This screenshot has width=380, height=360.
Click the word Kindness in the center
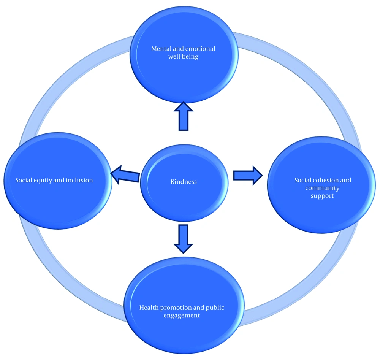[x=184, y=182]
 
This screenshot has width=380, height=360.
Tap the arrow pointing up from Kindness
[x=184, y=116]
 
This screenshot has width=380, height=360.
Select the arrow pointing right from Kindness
[x=247, y=175]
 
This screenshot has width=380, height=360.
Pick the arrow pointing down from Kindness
[x=183, y=238]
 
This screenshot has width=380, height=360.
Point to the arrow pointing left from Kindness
[x=125, y=174]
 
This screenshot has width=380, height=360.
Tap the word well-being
[x=183, y=57]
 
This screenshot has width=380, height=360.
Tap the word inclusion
[x=79, y=180]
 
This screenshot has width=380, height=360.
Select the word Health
[x=150, y=307]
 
